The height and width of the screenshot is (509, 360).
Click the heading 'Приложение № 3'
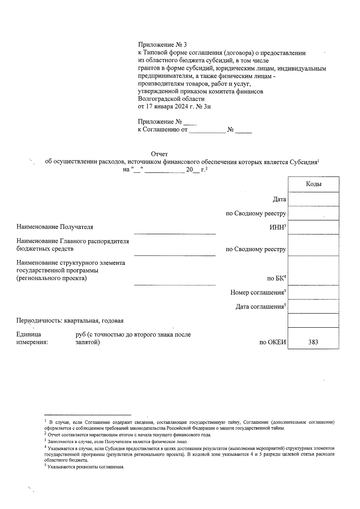162,45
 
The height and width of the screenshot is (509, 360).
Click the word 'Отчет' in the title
159,154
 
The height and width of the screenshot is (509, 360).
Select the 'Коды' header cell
313,184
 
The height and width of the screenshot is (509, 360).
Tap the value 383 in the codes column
313,342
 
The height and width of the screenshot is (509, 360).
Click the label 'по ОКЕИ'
273,342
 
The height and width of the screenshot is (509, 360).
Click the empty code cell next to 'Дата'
313,199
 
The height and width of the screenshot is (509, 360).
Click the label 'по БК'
275,278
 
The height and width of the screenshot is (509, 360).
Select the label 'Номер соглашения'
257,292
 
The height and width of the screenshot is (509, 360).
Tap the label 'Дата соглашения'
260,307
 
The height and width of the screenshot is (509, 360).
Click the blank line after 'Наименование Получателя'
175,231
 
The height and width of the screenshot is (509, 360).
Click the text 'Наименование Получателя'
55,227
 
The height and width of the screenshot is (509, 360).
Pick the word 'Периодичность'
39,321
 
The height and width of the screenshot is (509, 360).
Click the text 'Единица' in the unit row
29,334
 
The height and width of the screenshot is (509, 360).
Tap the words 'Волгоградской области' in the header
171,99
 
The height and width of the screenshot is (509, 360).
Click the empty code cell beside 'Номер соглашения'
313,292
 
